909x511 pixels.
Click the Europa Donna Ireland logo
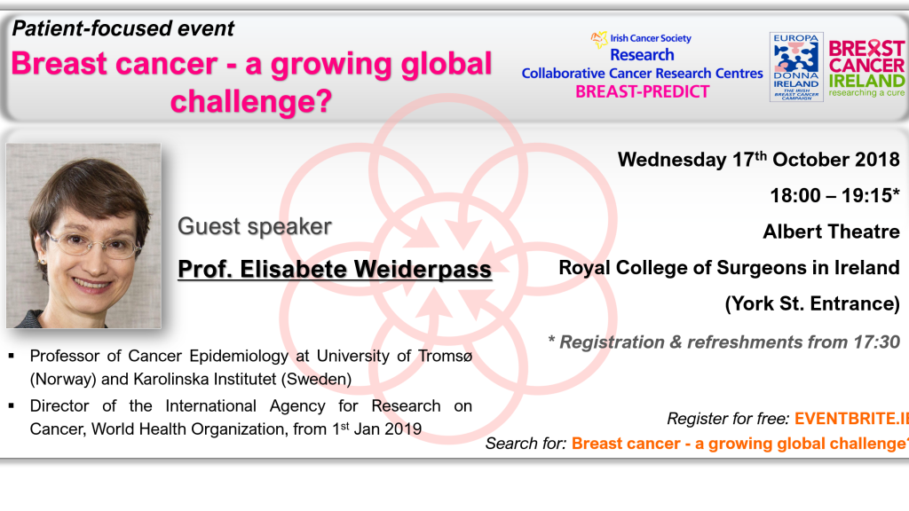pos(796,67)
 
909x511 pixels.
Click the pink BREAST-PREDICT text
pos(643,91)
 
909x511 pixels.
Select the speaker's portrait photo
pos(83,236)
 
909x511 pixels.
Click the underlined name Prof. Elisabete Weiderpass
pos(335,270)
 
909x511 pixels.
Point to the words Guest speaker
pos(255,226)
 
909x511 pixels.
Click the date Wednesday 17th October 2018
pos(758,160)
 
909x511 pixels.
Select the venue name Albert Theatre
pos(831,232)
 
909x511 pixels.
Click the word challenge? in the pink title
pos(251,101)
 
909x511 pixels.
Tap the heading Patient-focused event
pos(123,28)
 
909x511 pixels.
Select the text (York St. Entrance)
pos(812,303)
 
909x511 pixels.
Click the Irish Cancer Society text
pos(651,38)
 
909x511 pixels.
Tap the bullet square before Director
pos(12,405)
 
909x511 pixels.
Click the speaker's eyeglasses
pos(92,244)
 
